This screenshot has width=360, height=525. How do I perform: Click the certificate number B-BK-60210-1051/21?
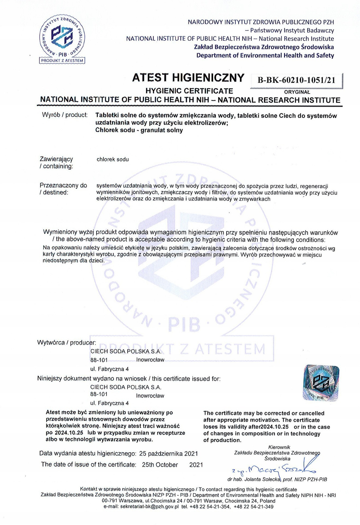296,80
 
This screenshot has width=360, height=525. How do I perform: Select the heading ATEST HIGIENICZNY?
188,78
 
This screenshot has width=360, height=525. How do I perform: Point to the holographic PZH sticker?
321,383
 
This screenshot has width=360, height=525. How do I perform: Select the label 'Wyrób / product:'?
65,115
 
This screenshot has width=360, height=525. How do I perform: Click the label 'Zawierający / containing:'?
56,163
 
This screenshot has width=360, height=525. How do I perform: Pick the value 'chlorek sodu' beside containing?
112,159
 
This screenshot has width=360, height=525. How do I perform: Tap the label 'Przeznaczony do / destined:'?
63,189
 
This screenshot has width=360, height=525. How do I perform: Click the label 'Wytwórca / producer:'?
67,343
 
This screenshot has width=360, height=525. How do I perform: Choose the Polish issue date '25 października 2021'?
169,454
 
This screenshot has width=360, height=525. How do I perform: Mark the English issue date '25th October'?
160,465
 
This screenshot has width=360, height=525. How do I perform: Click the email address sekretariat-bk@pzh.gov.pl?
150,507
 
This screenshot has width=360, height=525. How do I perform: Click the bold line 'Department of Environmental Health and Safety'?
265,55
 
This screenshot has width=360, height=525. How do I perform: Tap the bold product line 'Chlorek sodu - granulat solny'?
139,130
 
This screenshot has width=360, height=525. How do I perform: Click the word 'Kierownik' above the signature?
279,447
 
